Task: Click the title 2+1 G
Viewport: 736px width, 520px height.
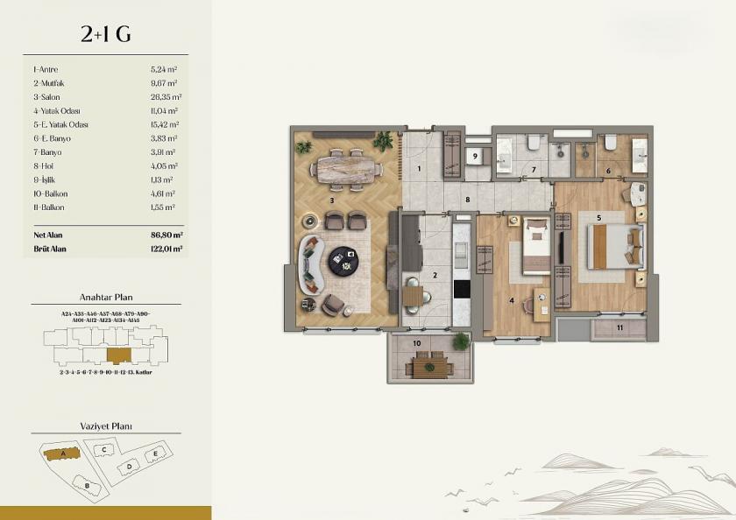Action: click(x=105, y=34)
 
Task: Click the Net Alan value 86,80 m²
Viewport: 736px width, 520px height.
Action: click(x=166, y=235)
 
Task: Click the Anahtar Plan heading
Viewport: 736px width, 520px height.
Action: click(x=105, y=297)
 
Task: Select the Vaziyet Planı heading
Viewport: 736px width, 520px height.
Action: click(x=105, y=426)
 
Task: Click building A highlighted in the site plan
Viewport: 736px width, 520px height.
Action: click(x=62, y=453)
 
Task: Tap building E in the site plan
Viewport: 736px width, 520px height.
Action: click(x=155, y=453)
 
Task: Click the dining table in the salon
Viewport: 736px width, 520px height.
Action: click(x=345, y=168)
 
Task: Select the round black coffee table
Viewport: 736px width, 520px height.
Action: click(x=343, y=260)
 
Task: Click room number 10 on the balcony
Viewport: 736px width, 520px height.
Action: click(x=416, y=343)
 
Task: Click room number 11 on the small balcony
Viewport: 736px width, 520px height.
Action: click(x=619, y=327)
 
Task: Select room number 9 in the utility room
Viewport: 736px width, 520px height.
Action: click(x=474, y=157)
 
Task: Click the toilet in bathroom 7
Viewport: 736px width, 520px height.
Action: click(x=534, y=142)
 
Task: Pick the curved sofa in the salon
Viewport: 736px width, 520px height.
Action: click(x=310, y=264)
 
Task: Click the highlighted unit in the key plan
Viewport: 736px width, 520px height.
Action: click(x=118, y=355)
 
